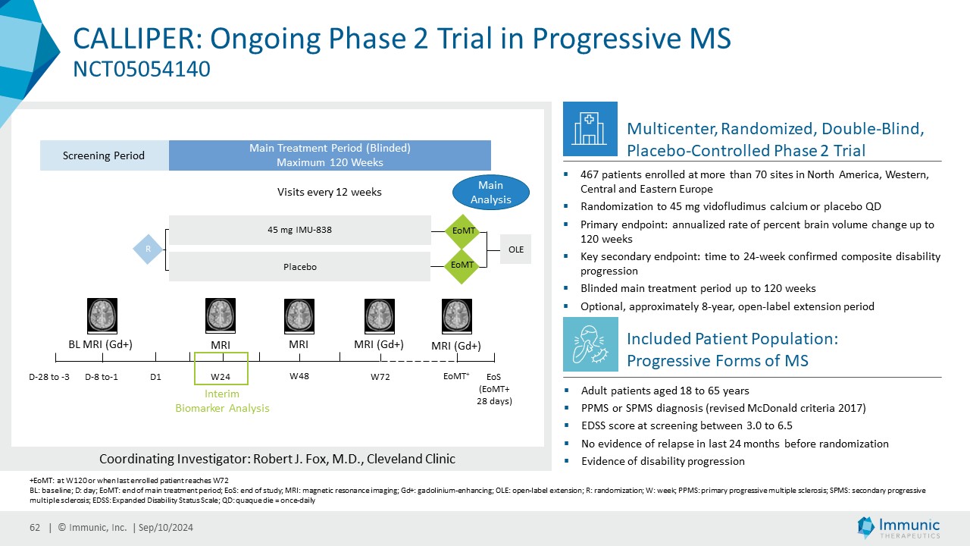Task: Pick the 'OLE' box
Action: click(515, 249)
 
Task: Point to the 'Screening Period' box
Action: click(104, 155)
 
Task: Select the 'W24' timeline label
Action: click(221, 377)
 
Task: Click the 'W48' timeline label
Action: click(299, 375)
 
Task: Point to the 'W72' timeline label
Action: click(380, 377)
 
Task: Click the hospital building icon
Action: click(590, 127)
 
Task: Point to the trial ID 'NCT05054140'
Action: click(141, 70)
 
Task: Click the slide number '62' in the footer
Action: click(35, 528)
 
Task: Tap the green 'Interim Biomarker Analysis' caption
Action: click(222, 401)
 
